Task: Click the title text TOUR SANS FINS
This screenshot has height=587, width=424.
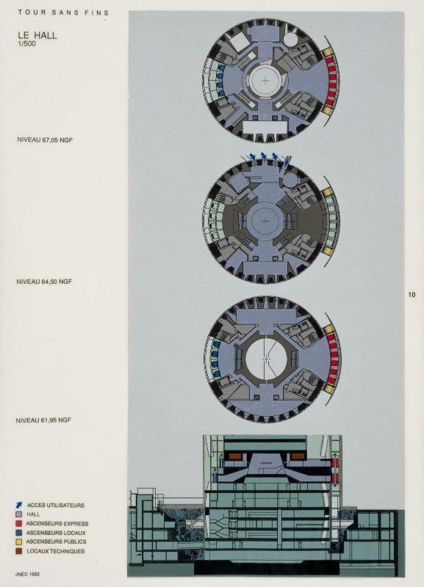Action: pyautogui.click(x=63, y=12)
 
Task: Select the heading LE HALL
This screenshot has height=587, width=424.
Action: pyautogui.click(x=37, y=35)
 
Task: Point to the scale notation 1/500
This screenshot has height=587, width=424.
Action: pyautogui.click(x=27, y=44)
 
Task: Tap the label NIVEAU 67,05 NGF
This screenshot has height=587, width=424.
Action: pyautogui.click(x=45, y=139)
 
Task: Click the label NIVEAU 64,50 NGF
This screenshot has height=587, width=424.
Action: pyautogui.click(x=44, y=281)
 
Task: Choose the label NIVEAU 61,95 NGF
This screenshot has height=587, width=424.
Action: pyautogui.click(x=43, y=420)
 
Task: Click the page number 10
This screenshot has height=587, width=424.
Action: pyautogui.click(x=412, y=295)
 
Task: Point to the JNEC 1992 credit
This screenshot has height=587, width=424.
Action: pyautogui.click(x=27, y=574)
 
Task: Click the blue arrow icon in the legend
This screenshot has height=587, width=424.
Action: pyautogui.click(x=19, y=505)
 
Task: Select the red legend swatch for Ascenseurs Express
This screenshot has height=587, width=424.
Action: pyautogui.click(x=19, y=523)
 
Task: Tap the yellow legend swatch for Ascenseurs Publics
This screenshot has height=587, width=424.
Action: pyautogui.click(x=19, y=542)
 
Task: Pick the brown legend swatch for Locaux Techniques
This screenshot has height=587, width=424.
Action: pyautogui.click(x=19, y=551)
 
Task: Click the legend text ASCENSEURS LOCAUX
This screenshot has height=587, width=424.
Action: pyautogui.click(x=56, y=533)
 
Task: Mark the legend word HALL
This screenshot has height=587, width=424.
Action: pyautogui.click(x=33, y=514)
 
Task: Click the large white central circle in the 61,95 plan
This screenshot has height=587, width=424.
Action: pyautogui.click(x=267, y=359)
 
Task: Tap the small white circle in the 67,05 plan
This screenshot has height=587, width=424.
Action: pyautogui.click(x=290, y=38)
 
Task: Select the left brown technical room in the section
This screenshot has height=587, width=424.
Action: pyautogui.click(x=234, y=456)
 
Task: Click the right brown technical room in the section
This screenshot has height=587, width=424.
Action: pyautogui.click(x=298, y=456)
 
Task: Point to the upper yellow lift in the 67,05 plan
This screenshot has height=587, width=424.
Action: pyautogui.click(x=328, y=51)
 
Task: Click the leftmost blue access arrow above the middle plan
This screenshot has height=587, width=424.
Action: pyautogui.click(x=252, y=156)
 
